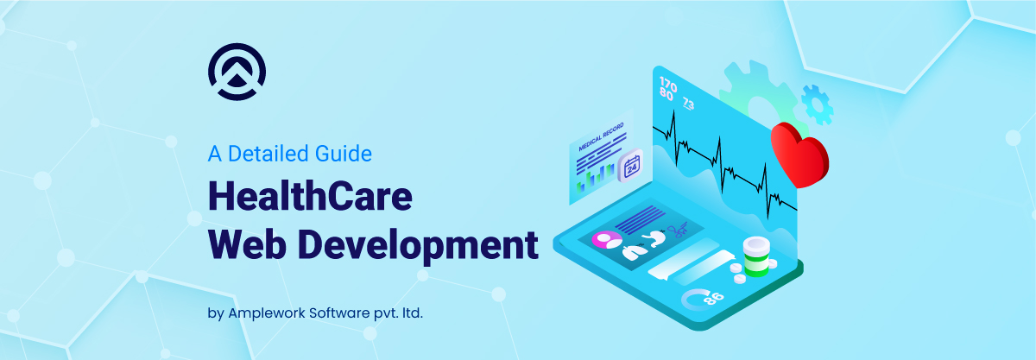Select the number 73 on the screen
pos(688,104)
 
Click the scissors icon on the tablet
pos(679,231)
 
